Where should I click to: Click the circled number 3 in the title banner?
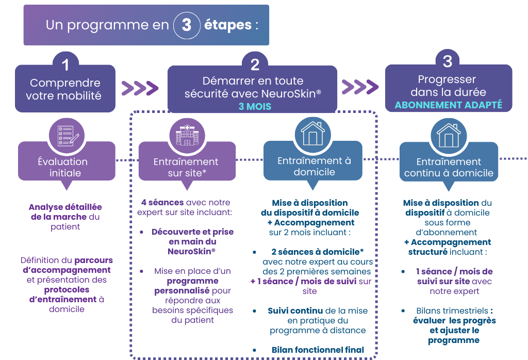tap(187, 25)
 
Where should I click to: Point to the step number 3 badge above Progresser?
tap(448, 61)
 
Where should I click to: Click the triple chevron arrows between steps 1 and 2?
tap(140, 88)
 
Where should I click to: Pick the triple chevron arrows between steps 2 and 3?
tap(360, 87)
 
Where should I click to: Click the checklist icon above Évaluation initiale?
tap(67, 135)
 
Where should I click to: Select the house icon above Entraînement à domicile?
tap(313, 134)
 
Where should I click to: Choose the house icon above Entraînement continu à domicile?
tap(449, 135)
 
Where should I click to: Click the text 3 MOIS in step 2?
tap(255, 106)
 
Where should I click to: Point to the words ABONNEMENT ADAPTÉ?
tap(449, 105)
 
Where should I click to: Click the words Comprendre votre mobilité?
tap(63, 89)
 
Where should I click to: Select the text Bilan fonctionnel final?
tap(318, 350)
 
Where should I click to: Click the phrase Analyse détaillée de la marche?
tap(65, 212)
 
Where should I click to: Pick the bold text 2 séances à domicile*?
tap(318, 252)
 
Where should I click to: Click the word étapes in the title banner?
tap(228, 25)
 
